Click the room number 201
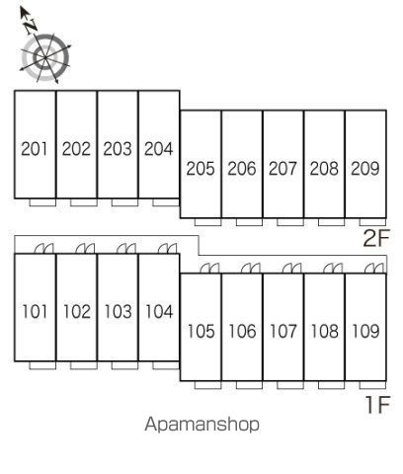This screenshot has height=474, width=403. pos(35,149)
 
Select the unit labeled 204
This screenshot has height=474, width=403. pos(158,149)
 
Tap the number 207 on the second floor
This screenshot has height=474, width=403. pos(282,169)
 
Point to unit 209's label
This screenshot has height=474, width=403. pos(365,169)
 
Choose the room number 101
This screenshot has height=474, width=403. pos(35,311)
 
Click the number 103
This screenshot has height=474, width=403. pos(118,311)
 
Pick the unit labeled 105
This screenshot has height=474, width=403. pos(201,331)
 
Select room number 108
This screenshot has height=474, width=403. pos(325,331)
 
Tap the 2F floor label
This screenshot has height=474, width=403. pos(376,238)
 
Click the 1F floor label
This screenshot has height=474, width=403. pos(377,405)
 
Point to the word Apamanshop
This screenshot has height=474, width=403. pos(201,425)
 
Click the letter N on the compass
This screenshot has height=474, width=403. pos(32,26)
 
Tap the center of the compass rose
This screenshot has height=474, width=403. pos(45,58)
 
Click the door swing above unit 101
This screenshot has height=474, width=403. pos(43,249)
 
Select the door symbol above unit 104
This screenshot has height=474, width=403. pos(167,249)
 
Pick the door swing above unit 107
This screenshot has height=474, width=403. pos(292,269)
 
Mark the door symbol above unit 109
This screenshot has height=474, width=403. pos(374,269)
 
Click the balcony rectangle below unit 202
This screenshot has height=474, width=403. pos(84,202)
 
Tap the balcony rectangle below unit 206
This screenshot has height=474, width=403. pos(249,222)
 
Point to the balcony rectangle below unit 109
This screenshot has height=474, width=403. pos(372,385)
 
